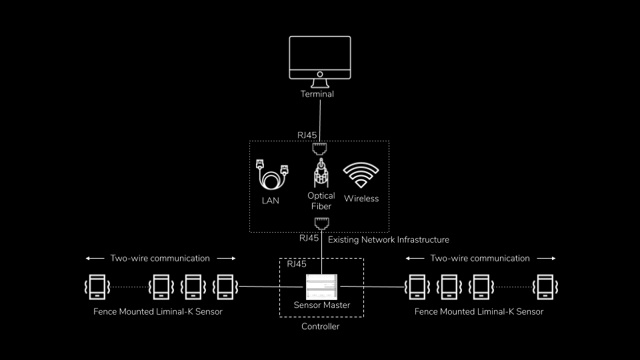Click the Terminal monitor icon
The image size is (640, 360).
click(x=320, y=59)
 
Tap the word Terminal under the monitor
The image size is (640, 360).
click(x=317, y=94)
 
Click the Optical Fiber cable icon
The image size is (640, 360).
click(x=321, y=172)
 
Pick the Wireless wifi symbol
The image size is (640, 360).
click(x=361, y=175)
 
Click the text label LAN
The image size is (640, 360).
click(x=271, y=200)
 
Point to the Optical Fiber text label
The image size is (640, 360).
click(x=321, y=201)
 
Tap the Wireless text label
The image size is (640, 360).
click(x=361, y=199)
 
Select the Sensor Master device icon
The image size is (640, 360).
click(x=322, y=286)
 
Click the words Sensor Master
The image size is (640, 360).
click(x=322, y=305)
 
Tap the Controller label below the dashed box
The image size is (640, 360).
click(x=321, y=327)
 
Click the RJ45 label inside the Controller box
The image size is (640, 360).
click(x=296, y=264)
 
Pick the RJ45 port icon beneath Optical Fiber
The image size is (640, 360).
click(x=322, y=223)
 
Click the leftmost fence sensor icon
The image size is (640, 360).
click(x=97, y=287)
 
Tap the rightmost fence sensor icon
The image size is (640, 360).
click(x=545, y=287)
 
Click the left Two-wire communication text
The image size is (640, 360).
click(x=160, y=258)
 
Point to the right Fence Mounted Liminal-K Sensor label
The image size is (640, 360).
click(x=479, y=311)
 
